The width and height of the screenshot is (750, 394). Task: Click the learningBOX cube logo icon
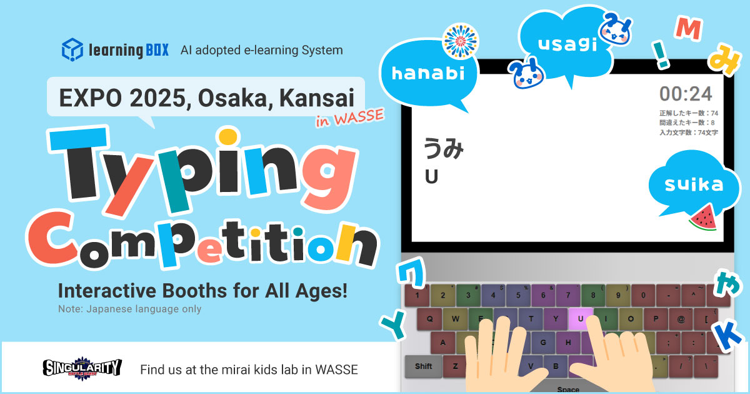(72, 49)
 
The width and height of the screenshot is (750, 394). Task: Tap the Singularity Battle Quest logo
(82, 368)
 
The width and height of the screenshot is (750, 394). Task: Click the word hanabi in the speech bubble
(428, 73)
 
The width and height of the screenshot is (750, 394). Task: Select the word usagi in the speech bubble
(567, 44)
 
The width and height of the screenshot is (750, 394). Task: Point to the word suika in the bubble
(694, 184)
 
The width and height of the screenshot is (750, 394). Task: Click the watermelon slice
(704, 218)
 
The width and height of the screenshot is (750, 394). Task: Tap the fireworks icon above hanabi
(461, 41)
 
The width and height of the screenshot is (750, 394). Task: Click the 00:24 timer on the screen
(686, 94)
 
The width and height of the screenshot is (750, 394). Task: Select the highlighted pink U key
(580, 318)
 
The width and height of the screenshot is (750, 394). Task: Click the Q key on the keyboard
(429, 318)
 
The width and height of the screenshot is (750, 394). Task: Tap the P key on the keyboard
(656, 318)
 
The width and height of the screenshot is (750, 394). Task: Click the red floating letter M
(688, 29)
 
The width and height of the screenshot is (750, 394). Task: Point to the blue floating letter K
(728, 336)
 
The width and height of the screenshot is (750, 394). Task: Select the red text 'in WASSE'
(349, 118)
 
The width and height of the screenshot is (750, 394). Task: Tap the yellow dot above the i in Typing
(228, 137)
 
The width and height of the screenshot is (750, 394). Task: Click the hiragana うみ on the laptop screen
(443, 148)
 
